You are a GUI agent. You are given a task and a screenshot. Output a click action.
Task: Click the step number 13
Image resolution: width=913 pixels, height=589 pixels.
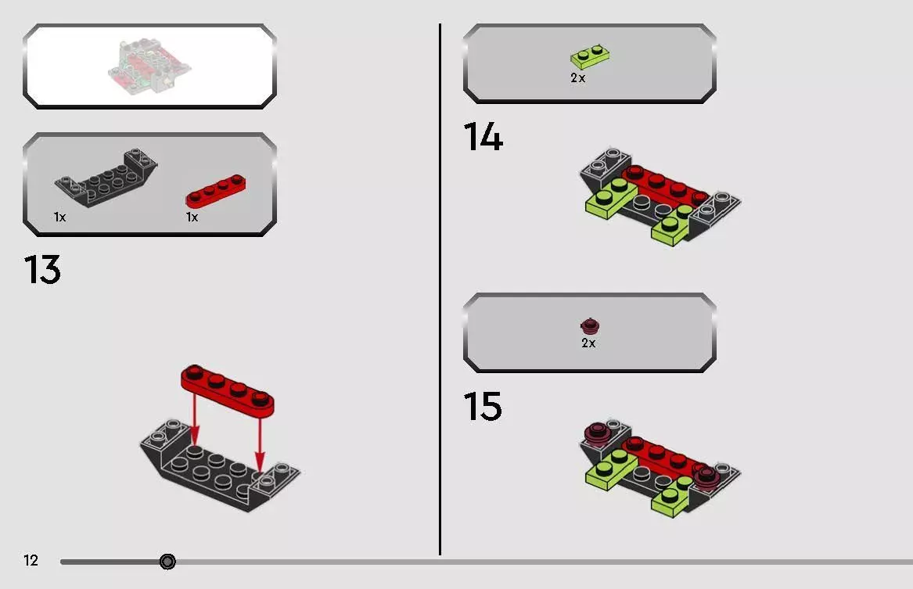pos(42,269)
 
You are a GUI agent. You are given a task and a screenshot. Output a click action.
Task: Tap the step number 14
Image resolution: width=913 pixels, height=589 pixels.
pos(483,137)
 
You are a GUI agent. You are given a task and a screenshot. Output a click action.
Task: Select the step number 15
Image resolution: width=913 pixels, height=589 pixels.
pos(482,406)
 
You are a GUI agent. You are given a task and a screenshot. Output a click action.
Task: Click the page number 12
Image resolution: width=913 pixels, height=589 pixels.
pos(31,560)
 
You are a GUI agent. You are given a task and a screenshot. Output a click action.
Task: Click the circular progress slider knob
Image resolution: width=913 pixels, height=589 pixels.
pos(167,562)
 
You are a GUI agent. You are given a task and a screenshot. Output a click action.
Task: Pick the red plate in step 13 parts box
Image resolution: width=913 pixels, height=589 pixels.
pos(215,190)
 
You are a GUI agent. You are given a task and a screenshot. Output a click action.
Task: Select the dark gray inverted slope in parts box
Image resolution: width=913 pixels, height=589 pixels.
pos(106,177)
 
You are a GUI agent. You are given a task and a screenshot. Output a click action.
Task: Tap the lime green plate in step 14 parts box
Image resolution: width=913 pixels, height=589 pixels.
pos(590,56)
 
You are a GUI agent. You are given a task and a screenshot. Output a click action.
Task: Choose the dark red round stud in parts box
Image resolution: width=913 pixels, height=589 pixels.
pos(590,326)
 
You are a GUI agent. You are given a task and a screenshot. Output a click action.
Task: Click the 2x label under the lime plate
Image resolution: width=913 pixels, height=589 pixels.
pos(577,78)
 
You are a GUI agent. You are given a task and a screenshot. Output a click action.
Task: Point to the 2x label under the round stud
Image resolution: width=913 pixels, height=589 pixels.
pos(588,343)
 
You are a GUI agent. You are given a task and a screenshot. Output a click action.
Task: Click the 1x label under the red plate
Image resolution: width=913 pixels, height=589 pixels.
pos(192,217)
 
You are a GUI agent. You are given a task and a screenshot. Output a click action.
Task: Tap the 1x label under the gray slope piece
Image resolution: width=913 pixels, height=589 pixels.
pos(60,217)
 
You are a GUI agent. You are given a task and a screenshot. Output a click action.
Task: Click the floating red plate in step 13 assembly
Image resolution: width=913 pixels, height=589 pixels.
pos(228,390)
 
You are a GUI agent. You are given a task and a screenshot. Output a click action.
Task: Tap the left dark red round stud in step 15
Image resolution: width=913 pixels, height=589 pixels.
pos(598,434)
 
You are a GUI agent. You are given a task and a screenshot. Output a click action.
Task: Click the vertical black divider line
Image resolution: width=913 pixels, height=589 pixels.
pos(440,289)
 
